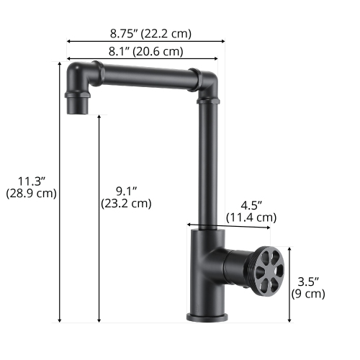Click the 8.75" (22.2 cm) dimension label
[150, 33]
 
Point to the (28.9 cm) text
[31, 193]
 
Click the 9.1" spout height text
[126, 190]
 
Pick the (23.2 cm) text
[126, 203]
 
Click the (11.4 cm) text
[251, 217]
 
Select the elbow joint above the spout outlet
[76, 78]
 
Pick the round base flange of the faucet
[206, 317]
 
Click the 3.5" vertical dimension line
[290, 284]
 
